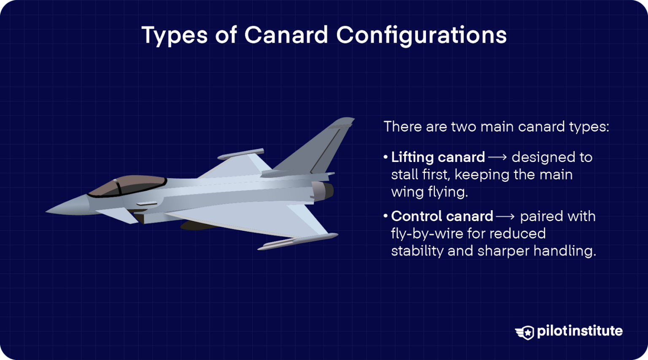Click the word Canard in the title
pos(286,35)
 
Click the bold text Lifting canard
pos(438,157)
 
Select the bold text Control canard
pos(442,216)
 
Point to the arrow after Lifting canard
pos(498,157)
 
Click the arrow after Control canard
pos(505,217)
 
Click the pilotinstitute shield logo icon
pos(525,332)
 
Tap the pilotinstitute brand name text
pos(580,331)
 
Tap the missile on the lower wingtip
pos(297,241)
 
